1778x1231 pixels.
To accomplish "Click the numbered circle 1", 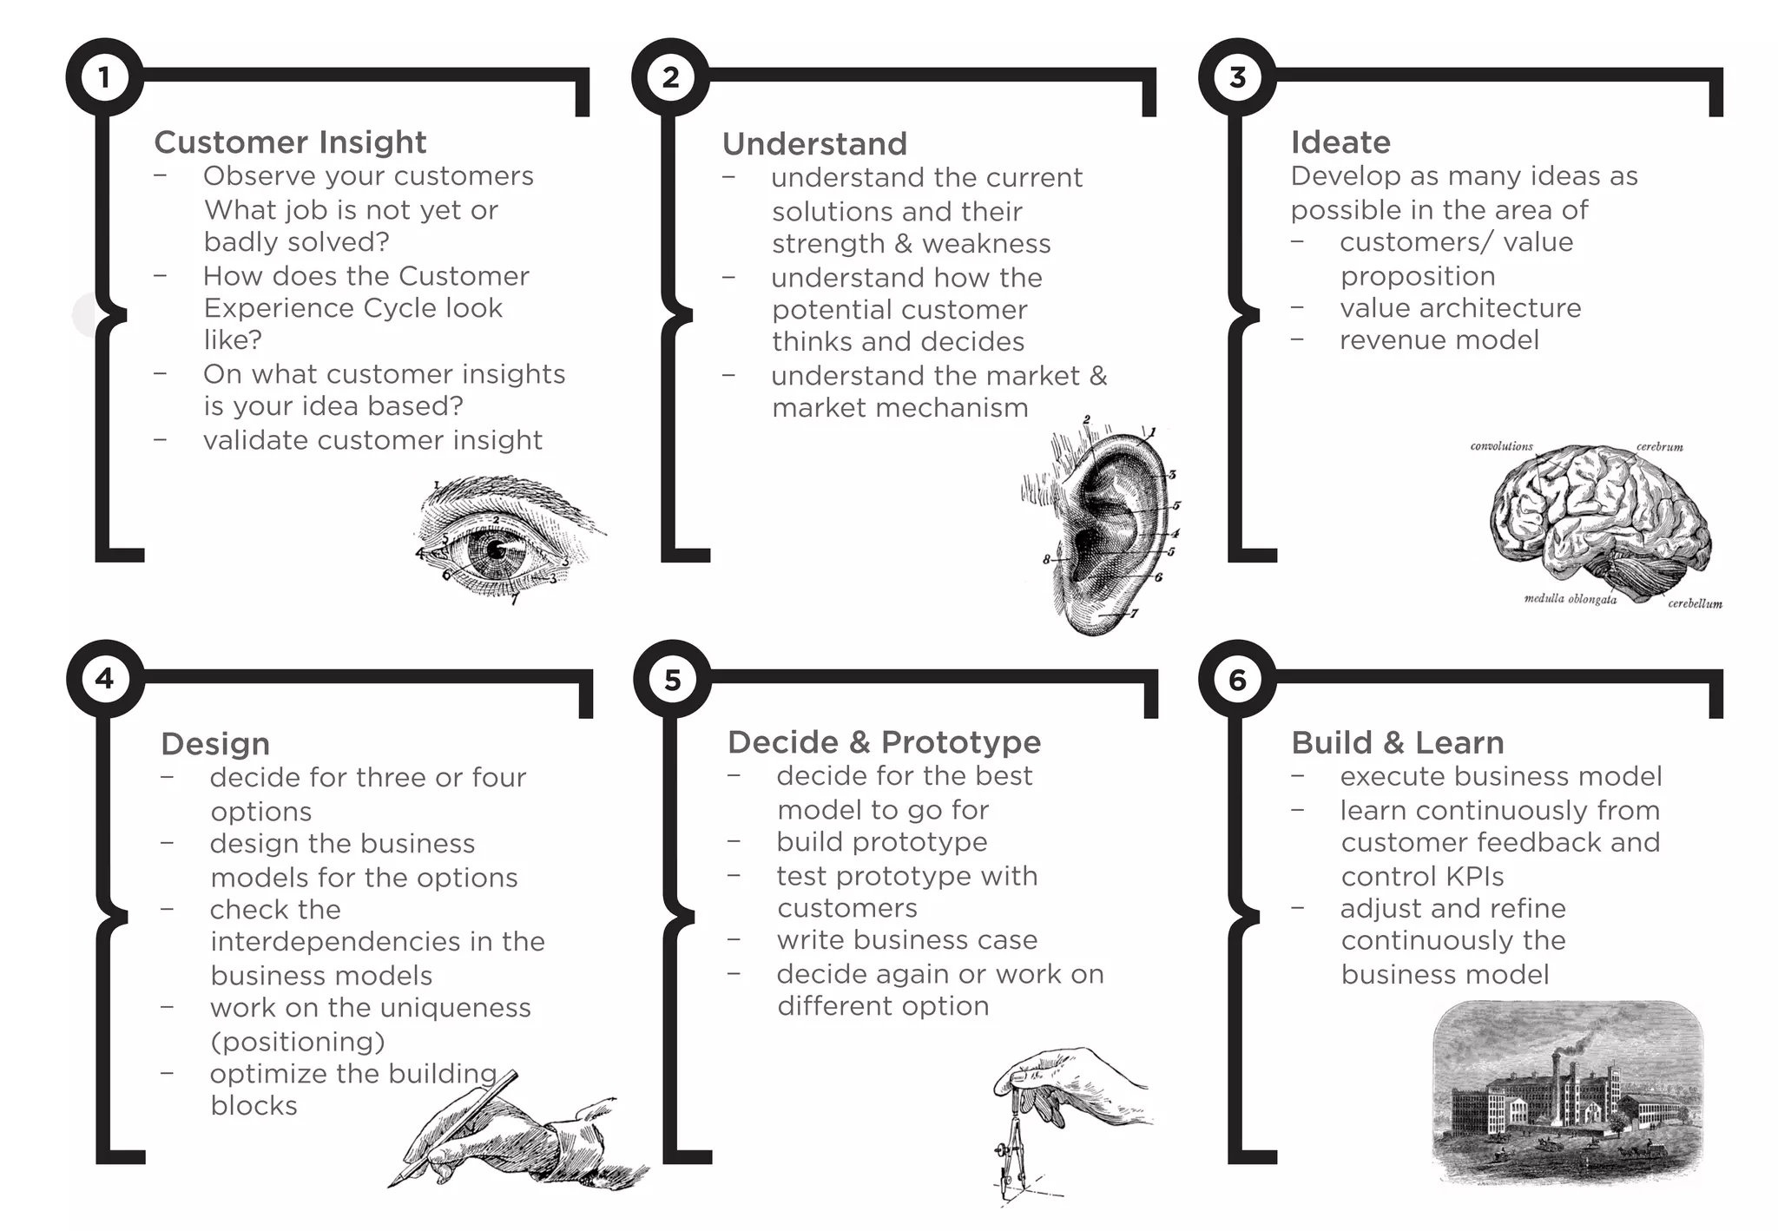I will [x=104, y=77].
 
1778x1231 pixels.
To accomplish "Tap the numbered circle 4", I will [x=104, y=679].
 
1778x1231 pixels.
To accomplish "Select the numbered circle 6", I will [x=1237, y=679].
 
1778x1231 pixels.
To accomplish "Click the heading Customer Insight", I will [x=290, y=142].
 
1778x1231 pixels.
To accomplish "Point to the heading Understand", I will [x=814, y=144].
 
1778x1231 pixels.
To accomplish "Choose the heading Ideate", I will [x=1340, y=142].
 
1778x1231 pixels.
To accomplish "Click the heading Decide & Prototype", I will [x=884, y=742].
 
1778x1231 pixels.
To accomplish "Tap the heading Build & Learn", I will [x=1397, y=743].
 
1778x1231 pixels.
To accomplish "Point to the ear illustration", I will [x=1107, y=530].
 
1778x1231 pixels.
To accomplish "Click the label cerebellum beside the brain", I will [x=1694, y=603].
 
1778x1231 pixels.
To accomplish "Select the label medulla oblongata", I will [x=1570, y=599].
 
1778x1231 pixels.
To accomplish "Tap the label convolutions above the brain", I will [x=1501, y=446].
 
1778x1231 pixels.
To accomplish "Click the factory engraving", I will [x=1567, y=1094].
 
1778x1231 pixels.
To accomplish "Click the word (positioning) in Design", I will [x=297, y=1041].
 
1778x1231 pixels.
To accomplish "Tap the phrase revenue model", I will [x=1439, y=340].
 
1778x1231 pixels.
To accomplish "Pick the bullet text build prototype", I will [x=881, y=842].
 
